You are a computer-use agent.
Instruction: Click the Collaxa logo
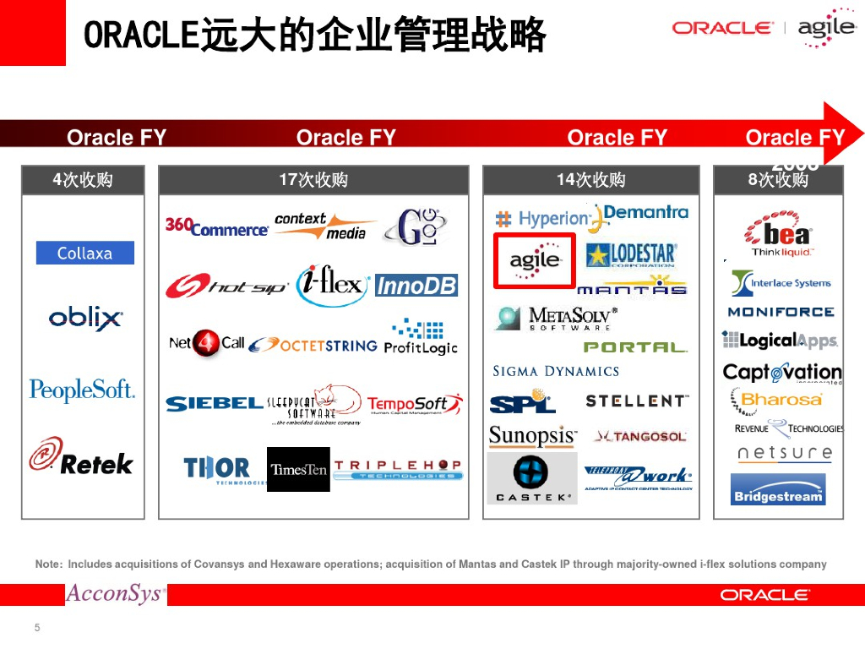coord(84,253)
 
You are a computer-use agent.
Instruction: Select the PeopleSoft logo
coord(82,390)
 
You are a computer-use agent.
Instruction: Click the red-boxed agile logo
coord(535,259)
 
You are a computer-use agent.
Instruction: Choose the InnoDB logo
coord(416,286)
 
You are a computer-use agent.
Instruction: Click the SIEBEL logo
coord(214,404)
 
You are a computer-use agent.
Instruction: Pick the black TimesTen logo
coord(298,470)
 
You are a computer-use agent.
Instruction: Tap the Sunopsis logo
coord(532,436)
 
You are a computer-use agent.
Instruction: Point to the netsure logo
coord(785,454)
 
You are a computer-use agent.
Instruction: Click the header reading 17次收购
coord(313,179)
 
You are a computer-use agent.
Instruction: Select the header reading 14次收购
coord(590,179)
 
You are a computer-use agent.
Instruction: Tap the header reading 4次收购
coord(83,179)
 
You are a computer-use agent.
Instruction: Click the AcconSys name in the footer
coord(115,594)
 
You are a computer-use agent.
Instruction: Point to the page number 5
coord(36,628)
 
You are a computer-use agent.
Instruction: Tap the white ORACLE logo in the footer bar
coord(764,595)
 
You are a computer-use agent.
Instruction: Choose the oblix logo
coord(85,319)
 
